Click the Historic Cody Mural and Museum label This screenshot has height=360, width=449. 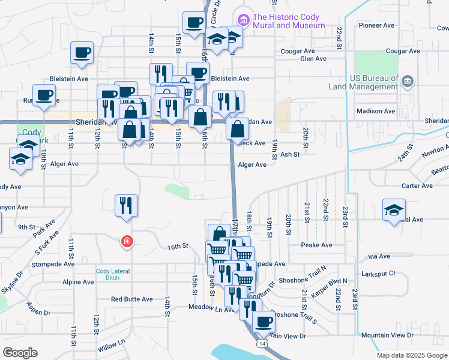pos(289,22)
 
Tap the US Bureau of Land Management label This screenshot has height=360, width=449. pos(364,82)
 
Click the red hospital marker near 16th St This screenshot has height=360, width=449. pos(127,242)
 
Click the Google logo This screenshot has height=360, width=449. pos(20,353)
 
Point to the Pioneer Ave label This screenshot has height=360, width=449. pos(376,26)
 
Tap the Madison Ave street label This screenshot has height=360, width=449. pos(376,111)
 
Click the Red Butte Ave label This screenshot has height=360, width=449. pos(131,299)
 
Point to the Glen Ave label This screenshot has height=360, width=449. pos(313,59)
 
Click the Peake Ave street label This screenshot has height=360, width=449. pos(317,245)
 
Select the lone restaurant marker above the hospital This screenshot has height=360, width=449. pos(127,206)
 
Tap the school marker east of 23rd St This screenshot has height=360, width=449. pos(394,211)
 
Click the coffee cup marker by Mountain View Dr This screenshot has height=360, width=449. pos(263,322)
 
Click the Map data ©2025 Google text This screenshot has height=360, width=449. pos(411,355)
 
